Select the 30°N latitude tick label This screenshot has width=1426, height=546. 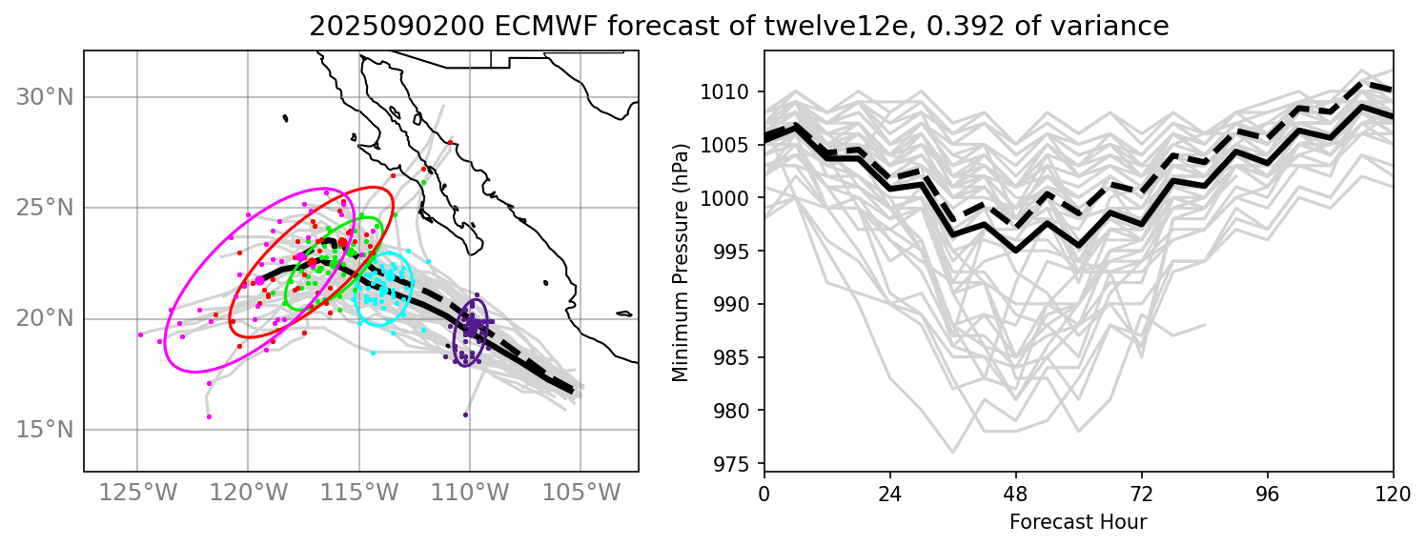[45, 97]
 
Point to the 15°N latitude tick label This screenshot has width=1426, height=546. [45, 429]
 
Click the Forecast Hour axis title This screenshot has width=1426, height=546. [1078, 521]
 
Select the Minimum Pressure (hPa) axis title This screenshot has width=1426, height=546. [681, 262]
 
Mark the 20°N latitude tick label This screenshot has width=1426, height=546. [45, 318]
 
